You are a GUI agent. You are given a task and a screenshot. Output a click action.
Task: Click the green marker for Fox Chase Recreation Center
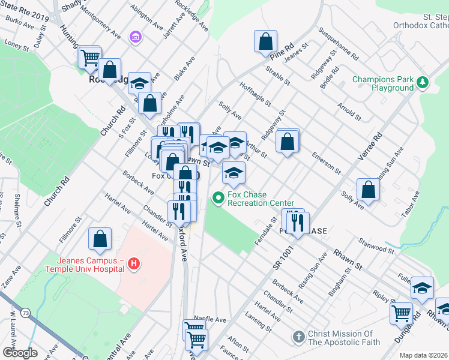click(x=218, y=197)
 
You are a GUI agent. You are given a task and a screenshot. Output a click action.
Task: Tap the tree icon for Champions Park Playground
click(x=423, y=83)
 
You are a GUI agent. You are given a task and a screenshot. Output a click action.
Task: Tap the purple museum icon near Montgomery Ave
click(x=136, y=38)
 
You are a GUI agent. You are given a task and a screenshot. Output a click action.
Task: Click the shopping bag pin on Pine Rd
click(x=265, y=43)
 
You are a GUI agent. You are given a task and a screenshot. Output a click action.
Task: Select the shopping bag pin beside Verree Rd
click(x=368, y=190)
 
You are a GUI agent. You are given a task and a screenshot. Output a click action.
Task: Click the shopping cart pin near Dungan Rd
click(x=401, y=313)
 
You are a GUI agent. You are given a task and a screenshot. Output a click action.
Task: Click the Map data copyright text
click(x=424, y=355)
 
